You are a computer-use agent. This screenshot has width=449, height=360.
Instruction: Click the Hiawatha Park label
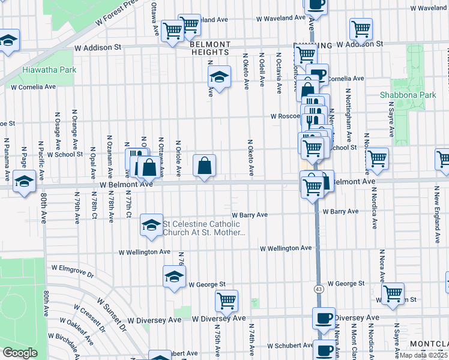(x=49, y=70)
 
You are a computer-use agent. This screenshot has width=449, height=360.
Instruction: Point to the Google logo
(x=20, y=353)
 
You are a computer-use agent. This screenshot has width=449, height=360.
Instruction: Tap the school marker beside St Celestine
(x=151, y=225)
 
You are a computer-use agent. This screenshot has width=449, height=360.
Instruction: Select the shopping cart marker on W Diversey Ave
(x=226, y=301)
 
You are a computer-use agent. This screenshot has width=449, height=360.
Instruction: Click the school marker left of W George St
(x=174, y=277)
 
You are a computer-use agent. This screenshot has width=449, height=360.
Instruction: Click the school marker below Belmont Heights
(x=220, y=77)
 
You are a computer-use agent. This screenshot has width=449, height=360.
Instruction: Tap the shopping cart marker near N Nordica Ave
(x=377, y=159)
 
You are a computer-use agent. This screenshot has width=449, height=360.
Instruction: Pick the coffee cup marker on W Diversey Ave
(x=324, y=318)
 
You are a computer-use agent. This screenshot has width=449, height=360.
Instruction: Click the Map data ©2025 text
(x=423, y=355)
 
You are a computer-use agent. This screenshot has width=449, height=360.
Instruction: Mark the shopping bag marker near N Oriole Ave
(x=204, y=165)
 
